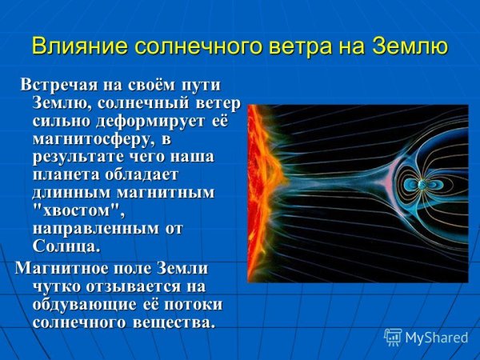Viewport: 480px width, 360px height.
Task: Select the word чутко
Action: [57, 286]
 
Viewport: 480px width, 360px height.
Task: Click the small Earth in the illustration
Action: [422, 186]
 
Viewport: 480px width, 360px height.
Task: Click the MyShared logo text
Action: [436, 338]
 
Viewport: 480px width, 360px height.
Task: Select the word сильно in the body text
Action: [58, 122]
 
